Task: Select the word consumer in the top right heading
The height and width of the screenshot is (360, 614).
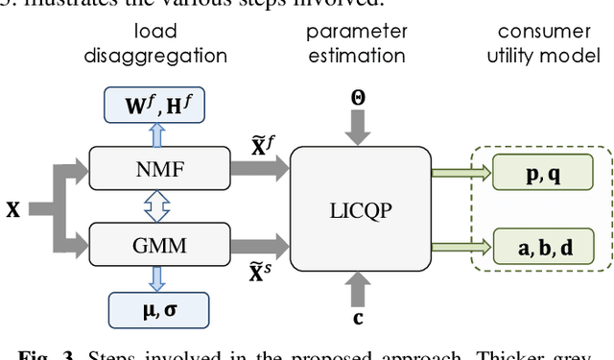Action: [x=543, y=32]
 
